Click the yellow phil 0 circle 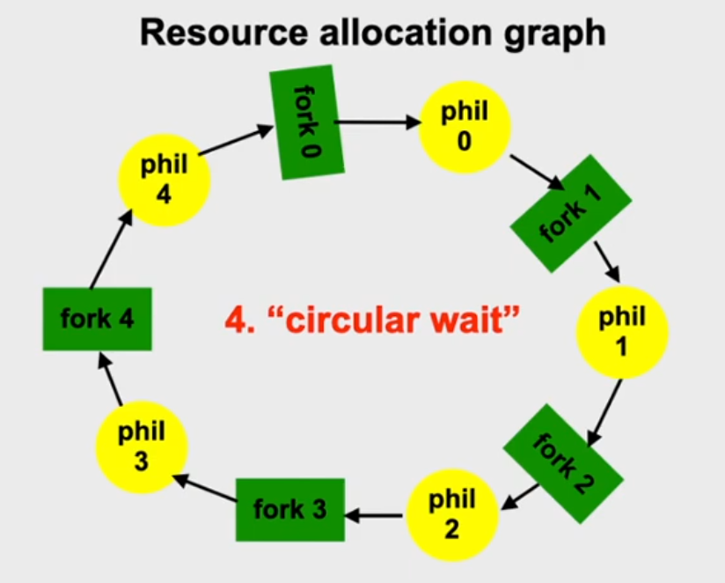464,128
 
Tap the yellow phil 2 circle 450,515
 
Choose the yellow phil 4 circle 165,181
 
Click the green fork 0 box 302,122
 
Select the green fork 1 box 572,212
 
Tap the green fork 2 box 563,461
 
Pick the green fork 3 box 289,509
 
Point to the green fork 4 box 97,318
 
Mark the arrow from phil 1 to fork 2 606,409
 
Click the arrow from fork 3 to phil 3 204,490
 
